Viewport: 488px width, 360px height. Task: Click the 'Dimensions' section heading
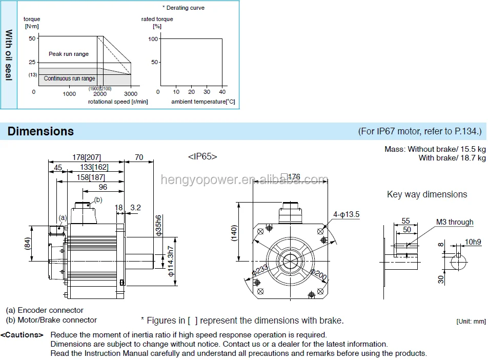40,131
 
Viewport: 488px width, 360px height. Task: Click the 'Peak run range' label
69,54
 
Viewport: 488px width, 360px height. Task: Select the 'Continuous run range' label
69,78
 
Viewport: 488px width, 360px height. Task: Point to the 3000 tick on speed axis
131,94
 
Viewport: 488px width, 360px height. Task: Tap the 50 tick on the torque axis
32,38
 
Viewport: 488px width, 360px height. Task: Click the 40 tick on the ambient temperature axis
222,92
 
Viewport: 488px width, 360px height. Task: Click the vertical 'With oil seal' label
9,54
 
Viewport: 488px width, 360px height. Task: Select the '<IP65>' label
202,156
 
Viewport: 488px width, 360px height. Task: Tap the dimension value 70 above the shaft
138,157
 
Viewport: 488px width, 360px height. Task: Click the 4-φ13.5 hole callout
346,214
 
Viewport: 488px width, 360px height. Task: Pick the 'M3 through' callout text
455,222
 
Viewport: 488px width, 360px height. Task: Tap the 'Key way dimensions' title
427,194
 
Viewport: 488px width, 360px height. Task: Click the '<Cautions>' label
22,335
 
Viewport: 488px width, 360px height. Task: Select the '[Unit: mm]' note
471,322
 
